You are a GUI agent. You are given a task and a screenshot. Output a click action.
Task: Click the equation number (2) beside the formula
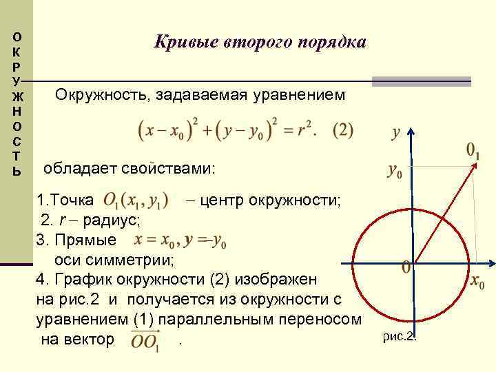click(x=342, y=130)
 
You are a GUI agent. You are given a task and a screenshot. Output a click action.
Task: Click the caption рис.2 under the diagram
click(x=400, y=337)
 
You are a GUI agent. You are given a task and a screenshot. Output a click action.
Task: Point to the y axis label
click(x=397, y=133)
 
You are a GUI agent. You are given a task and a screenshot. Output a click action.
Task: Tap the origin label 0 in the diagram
click(x=406, y=267)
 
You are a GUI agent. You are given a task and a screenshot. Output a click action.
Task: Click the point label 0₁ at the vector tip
click(x=473, y=149)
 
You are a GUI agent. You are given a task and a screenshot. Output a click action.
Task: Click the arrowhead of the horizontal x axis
click(x=490, y=262)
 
